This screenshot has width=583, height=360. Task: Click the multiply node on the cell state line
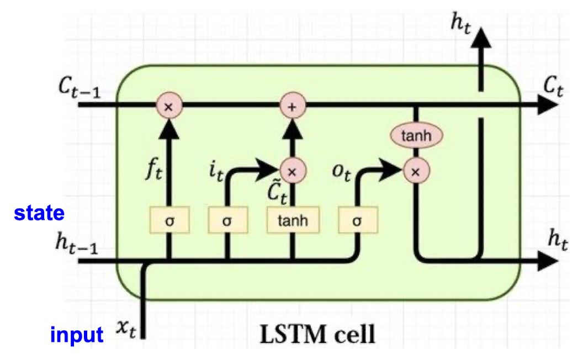pyautogui.click(x=169, y=107)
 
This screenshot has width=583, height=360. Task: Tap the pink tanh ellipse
pyautogui.click(x=417, y=135)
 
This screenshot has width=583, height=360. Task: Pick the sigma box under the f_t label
pyautogui.click(x=169, y=221)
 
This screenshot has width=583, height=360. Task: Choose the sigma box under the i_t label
pyautogui.click(x=227, y=221)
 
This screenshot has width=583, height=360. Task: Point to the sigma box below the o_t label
pyautogui.click(x=357, y=221)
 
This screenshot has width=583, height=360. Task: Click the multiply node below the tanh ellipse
pyautogui.click(x=417, y=171)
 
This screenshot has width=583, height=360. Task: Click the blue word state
pyautogui.click(x=39, y=213)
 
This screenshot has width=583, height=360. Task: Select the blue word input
pyautogui.click(x=77, y=335)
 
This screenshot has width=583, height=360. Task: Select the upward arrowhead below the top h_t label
pyautogui.click(x=482, y=37)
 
